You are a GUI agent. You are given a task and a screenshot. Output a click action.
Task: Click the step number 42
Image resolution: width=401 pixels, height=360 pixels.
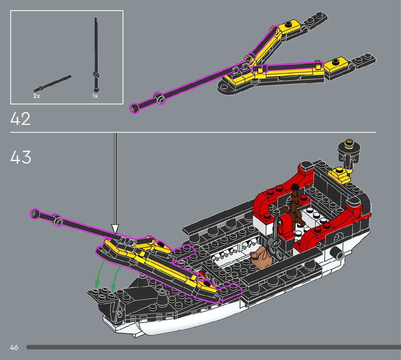(21, 119)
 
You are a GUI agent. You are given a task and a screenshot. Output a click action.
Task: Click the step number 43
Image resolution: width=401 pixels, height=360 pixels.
(21, 157)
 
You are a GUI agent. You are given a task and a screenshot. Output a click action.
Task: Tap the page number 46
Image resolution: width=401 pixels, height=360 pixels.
(14, 347)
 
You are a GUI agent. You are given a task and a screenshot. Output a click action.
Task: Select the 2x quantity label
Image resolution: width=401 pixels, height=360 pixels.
(36, 96)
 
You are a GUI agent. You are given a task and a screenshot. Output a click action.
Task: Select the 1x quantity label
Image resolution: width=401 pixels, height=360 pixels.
(95, 96)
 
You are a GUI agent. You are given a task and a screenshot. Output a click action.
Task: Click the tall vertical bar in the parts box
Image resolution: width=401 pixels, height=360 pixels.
(96, 54)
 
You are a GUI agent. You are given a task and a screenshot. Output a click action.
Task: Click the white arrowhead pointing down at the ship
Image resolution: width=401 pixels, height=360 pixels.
(115, 229)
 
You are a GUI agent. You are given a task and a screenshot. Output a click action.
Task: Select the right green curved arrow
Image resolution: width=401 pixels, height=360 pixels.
(116, 276)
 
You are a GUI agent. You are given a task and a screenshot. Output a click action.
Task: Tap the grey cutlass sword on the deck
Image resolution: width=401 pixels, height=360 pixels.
(274, 232)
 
